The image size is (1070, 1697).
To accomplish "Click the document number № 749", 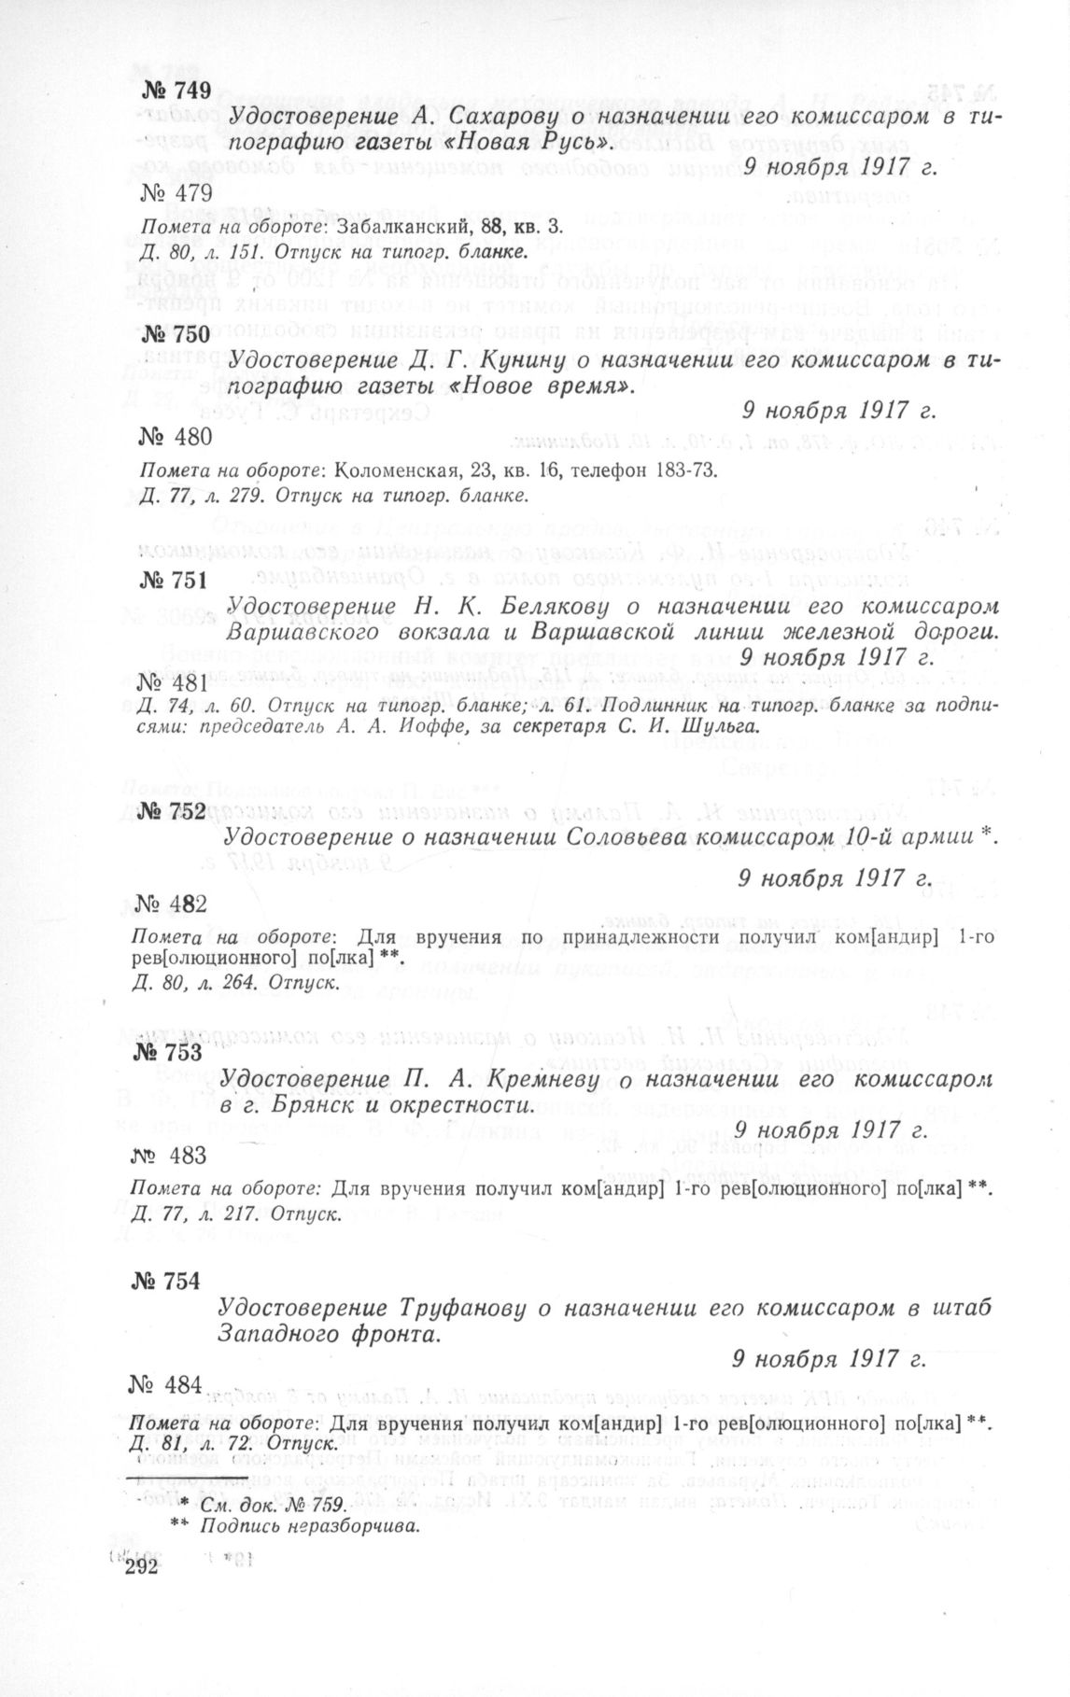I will pyautogui.click(x=178, y=91).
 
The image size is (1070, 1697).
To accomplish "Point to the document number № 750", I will pyautogui.click(x=176, y=335).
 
